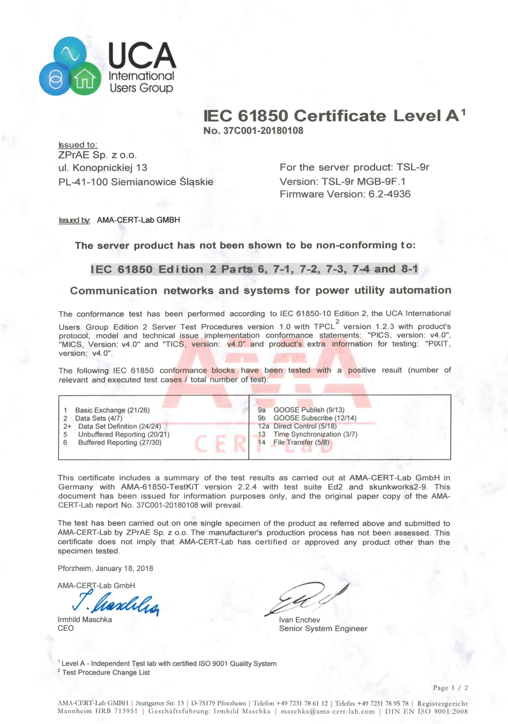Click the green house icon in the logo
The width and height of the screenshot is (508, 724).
pyautogui.click(x=85, y=79)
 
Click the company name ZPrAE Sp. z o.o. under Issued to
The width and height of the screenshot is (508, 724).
pyautogui.click(x=97, y=155)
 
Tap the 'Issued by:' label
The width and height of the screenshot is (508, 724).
pyautogui.click(x=74, y=220)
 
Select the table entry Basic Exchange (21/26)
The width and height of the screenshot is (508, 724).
pyautogui.click(x=112, y=410)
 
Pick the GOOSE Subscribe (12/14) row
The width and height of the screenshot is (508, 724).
pyautogui.click(x=315, y=418)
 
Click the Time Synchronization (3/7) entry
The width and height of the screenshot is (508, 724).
pyautogui.click(x=315, y=434)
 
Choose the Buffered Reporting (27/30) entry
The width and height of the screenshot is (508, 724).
pyautogui.click(x=120, y=442)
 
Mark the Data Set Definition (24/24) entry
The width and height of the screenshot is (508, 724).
pyautogui.click(x=120, y=426)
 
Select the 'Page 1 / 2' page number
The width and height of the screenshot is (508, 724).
pyautogui.click(x=450, y=688)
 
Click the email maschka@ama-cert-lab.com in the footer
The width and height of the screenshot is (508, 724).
pyautogui.click(x=328, y=711)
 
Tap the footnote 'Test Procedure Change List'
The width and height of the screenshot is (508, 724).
pyautogui.click(x=106, y=672)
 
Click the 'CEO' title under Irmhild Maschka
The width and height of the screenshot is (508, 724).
pyautogui.click(x=66, y=628)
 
